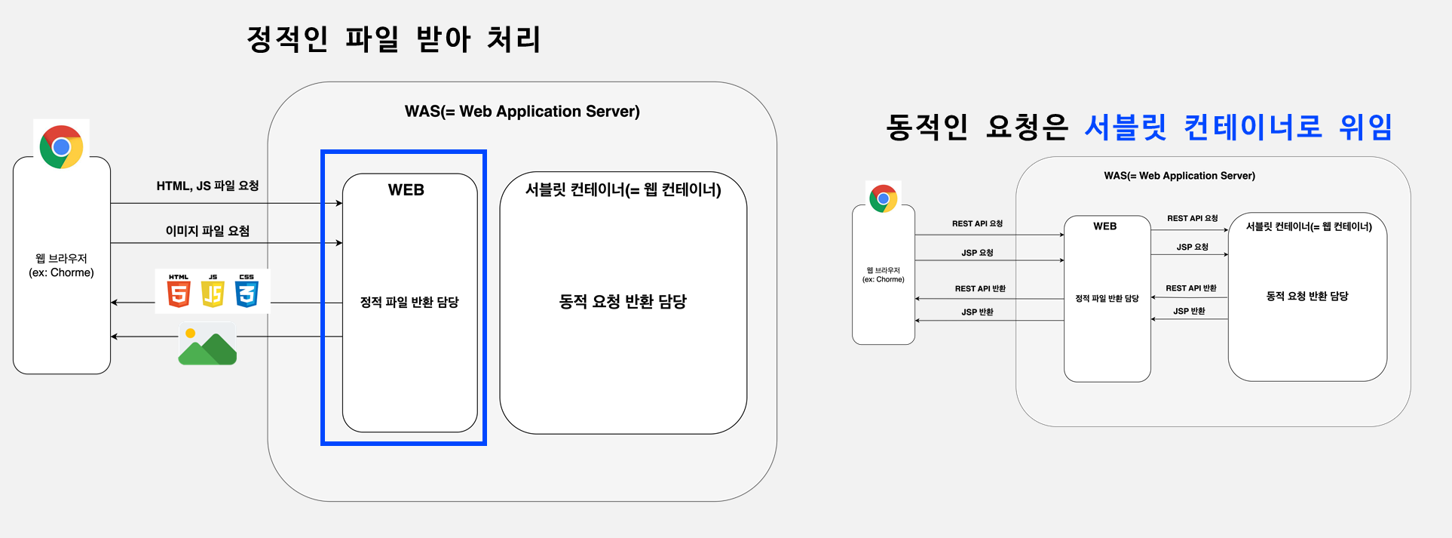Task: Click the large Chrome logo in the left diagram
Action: click(x=61, y=146)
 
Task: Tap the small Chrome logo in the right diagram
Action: click(x=883, y=198)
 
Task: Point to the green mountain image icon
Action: click(x=207, y=345)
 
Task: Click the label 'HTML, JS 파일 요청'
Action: click(x=207, y=186)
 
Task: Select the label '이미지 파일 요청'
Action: click(x=207, y=231)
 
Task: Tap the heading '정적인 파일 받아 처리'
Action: click(x=394, y=39)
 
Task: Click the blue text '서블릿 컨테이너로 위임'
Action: click(x=1238, y=127)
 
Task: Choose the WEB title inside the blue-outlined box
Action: click(x=406, y=190)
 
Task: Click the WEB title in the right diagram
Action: click(x=1105, y=226)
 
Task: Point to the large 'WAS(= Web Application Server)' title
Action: click(x=522, y=112)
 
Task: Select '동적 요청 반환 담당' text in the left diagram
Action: click(x=623, y=302)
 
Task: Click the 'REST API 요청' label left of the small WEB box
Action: click(x=977, y=224)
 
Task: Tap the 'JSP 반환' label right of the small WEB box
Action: click(x=1189, y=311)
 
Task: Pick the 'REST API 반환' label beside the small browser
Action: click(x=980, y=289)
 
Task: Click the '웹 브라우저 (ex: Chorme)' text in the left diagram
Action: click(x=62, y=266)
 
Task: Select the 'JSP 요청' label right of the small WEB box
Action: click(x=1192, y=247)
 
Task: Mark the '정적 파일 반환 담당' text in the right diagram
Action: click(x=1107, y=299)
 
